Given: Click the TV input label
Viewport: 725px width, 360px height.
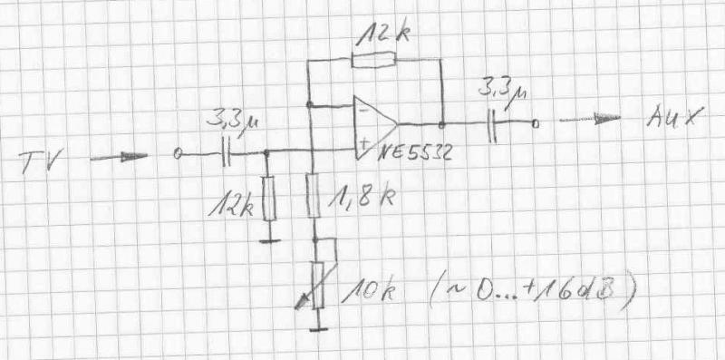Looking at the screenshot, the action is point(41,161).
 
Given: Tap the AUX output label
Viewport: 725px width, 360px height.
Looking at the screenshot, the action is point(674,116).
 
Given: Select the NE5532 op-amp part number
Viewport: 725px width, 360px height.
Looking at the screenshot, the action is point(414,152).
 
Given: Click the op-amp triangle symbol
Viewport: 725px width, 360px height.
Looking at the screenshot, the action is point(375,127).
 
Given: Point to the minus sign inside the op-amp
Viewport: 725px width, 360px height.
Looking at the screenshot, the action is point(364,111).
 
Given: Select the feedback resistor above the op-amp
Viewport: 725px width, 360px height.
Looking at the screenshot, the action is point(373,60).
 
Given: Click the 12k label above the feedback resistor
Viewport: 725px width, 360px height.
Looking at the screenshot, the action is point(382,34).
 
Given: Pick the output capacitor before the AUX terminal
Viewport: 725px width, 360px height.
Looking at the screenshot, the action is point(492,126).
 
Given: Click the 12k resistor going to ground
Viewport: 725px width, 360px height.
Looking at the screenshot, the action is point(269,198).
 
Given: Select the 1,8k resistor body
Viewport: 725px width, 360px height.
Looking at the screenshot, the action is point(313,195).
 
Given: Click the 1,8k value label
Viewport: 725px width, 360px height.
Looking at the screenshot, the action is point(362,198).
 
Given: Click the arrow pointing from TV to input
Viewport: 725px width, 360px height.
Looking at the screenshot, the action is point(119,157).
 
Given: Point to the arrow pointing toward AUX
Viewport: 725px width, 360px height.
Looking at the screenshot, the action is point(590,120).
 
